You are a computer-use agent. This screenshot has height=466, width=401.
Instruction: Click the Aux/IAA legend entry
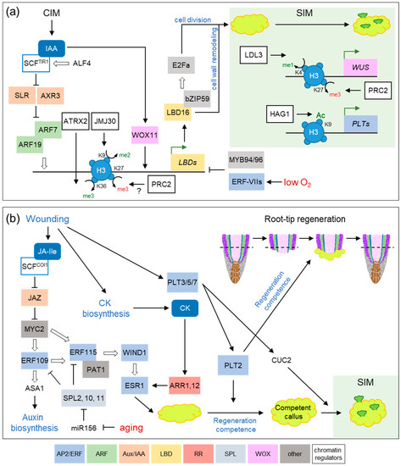(165, 445)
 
